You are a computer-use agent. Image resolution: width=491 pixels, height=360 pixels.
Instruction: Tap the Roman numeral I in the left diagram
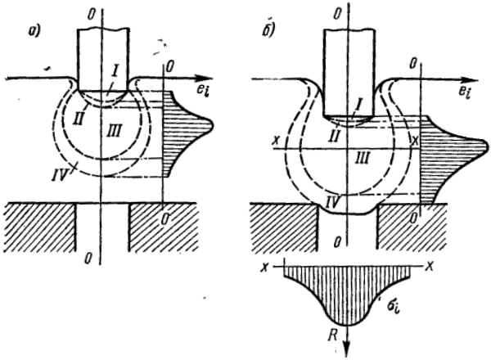coord(115,76)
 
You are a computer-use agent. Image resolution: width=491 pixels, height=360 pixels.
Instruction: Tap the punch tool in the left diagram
coord(101,57)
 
